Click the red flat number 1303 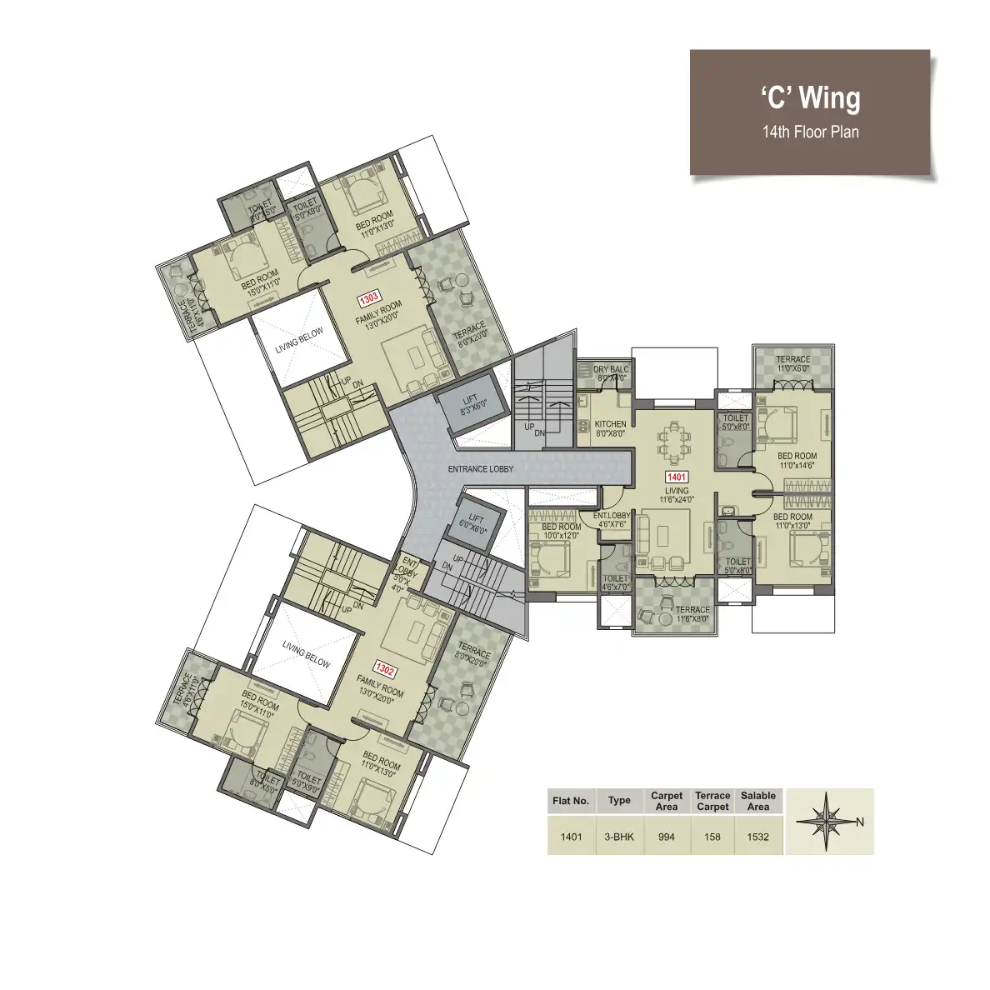[369, 297]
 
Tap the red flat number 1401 [675, 477]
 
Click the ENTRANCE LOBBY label [480, 469]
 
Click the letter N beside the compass [860, 822]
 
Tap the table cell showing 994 [667, 837]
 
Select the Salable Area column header [757, 801]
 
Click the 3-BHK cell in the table [619, 837]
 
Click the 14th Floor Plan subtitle [810, 132]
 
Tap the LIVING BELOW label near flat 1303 [297, 339]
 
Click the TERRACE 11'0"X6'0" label [792, 364]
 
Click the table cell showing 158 [712, 837]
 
